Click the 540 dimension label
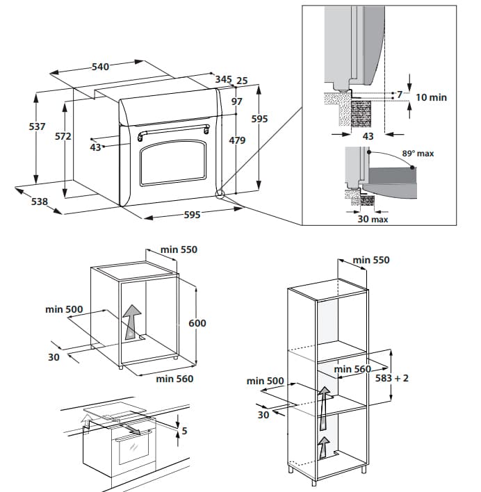(x=100, y=67)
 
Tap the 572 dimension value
(x=63, y=137)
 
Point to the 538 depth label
(x=40, y=202)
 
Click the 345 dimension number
(x=223, y=80)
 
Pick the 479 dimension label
(x=237, y=140)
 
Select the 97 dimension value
(x=237, y=101)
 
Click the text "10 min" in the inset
(x=431, y=97)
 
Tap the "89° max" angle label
(x=418, y=153)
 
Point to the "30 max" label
(x=373, y=220)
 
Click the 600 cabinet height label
(x=197, y=323)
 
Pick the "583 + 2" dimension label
(x=411, y=379)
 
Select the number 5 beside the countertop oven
(x=184, y=431)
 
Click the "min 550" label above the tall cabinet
(x=370, y=260)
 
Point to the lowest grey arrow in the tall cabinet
(x=323, y=448)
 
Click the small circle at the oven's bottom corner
(x=220, y=193)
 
